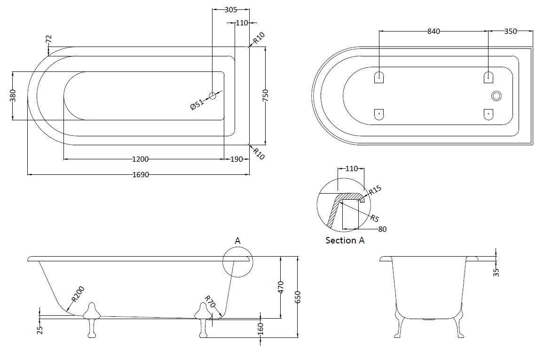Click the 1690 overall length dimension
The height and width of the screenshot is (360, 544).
click(141, 174)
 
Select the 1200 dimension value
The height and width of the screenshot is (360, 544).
click(141, 159)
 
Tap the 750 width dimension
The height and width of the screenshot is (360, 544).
click(266, 95)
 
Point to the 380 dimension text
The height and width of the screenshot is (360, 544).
click(13, 95)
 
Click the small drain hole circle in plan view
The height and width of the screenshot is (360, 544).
click(213, 95)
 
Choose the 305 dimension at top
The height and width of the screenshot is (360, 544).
click(230, 9)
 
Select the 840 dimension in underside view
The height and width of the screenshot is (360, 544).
click(434, 31)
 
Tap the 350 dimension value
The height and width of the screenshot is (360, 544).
click(510, 31)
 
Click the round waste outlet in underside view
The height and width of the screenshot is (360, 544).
click(497, 96)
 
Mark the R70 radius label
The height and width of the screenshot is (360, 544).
click(209, 302)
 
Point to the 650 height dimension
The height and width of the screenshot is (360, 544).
click(297, 297)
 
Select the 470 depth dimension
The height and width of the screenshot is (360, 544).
click(281, 287)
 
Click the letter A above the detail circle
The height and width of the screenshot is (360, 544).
click(237, 240)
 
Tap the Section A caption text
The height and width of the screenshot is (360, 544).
click(345, 240)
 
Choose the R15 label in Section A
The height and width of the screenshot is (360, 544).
click(375, 191)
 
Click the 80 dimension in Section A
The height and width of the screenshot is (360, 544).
click(382, 229)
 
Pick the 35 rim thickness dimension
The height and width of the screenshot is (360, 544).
click(497, 271)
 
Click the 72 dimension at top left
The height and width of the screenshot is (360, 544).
click(48, 39)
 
